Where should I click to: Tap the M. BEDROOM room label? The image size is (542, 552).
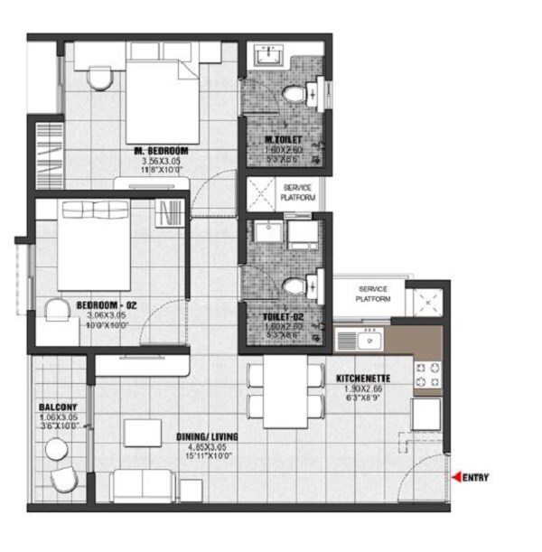161,149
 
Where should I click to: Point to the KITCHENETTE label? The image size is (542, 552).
362,379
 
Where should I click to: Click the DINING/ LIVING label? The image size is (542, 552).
208,436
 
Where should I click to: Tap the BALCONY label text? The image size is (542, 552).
57,407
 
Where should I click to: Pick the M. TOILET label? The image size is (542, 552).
283,140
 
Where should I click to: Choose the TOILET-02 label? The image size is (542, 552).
283,316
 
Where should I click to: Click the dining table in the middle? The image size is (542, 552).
285,394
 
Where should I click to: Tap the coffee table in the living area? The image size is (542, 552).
143,433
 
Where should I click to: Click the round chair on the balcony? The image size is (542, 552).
63,481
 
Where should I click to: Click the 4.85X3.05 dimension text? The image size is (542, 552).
208,446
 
